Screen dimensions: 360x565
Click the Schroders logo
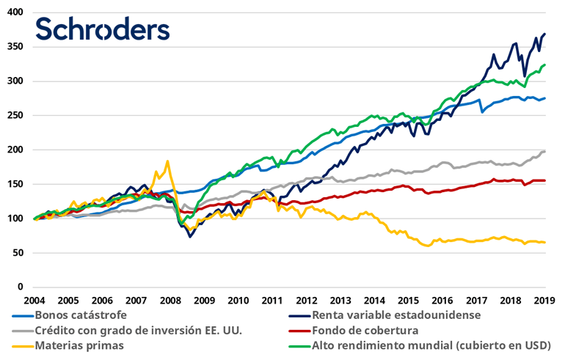[x=103, y=29]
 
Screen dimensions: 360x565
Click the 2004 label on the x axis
[x=34, y=301]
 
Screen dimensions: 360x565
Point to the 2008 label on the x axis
[x=170, y=301]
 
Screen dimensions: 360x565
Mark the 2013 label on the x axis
[x=340, y=301]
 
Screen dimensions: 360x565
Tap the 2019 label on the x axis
[x=544, y=301]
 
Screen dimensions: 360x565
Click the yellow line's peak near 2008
[x=167, y=161]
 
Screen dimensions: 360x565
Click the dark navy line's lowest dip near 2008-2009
[x=190, y=237]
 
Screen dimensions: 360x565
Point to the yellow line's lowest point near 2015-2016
[x=428, y=246]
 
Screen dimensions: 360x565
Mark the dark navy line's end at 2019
[x=544, y=34]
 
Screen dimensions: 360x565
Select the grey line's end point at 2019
[x=544, y=151]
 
